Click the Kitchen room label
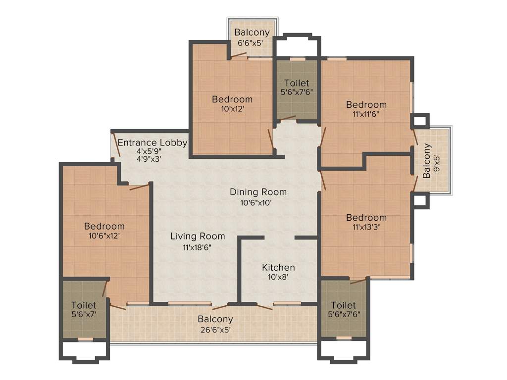tap(278, 267)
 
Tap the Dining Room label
tap(258, 192)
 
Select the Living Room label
tap(198, 237)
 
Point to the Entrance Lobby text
tap(152, 143)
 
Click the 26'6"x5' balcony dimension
tap(215, 329)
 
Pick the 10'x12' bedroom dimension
tap(232, 109)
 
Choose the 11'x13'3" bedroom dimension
tap(366, 228)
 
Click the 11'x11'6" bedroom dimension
tap(366, 114)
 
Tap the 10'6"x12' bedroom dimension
tap(104, 236)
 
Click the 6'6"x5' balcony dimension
tap(252, 43)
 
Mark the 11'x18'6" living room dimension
tap(197, 247)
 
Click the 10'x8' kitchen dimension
tap(278, 278)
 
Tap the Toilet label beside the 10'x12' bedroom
tap(296, 83)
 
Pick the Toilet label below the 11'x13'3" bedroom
tap(343, 305)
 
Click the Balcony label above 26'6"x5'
tap(215, 319)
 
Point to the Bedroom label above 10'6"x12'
tap(104, 226)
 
